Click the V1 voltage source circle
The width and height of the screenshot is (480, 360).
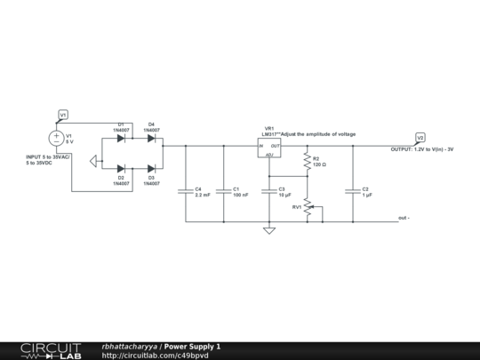coord(55,138)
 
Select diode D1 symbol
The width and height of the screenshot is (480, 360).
coord(121,139)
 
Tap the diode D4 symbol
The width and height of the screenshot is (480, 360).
coord(151,139)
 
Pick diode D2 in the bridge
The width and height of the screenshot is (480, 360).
coord(121,167)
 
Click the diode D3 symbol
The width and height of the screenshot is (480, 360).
coord(151,167)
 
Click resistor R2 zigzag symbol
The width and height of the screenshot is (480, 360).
coord(308,162)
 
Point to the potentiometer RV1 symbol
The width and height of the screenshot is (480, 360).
coord(308,208)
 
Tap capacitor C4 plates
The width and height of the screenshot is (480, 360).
coord(185,190)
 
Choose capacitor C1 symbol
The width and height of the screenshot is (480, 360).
coord(223,190)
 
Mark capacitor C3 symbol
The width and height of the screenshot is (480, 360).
coord(269,190)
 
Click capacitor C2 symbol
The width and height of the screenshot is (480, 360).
coord(354,190)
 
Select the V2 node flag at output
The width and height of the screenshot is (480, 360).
coord(420,138)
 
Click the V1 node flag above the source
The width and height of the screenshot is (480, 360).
coord(62,116)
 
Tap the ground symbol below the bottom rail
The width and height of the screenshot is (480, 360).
coord(269,230)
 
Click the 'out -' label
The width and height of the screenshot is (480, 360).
coord(404,219)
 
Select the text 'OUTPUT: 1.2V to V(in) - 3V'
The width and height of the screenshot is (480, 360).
coord(422,149)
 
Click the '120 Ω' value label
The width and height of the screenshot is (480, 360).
coord(320,165)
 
